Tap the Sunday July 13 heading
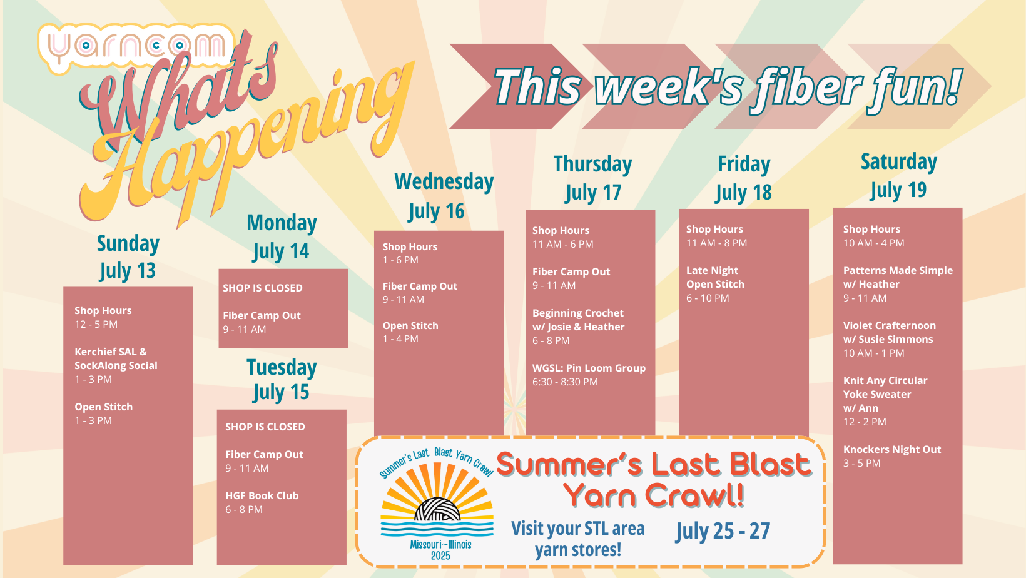pyautogui.click(x=128, y=257)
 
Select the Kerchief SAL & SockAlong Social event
pyautogui.click(x=116, y=365)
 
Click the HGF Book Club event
pyautogui.click(x=262, y=502)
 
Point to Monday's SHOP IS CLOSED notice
pyautogui.click(x=263, y=288)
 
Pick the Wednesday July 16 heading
pyautogui.click(x=444, y=196)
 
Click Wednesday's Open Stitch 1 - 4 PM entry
pyautogui.click(x=410, y=332)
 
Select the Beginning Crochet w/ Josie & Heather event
pyautogui.click(x=578, y=327)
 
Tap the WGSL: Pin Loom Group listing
pyautogui.click(x=589, y=375)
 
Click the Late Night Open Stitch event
pyautogui.click(x=715, y=284)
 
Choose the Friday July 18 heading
pyautogui.click(x=744, y=178)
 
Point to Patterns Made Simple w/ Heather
pyautogui.click(x=898, y=284)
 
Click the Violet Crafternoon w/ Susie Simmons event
pyautogui.click(x=890, y=339)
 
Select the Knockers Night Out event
pyautogui.click(x=891, y=456)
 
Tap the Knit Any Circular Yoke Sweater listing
pyautogui.click(x=885, y=401)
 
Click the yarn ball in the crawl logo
pyautogui.click(x=437, y=509)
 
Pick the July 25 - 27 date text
pyautogui.click(x=723, y=531)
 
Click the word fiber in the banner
pyautogui.click(x=807, y=86)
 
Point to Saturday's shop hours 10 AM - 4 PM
pyautogui.click(x=873, y=243)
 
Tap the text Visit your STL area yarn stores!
pyautogui.click(x=577, y=539)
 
